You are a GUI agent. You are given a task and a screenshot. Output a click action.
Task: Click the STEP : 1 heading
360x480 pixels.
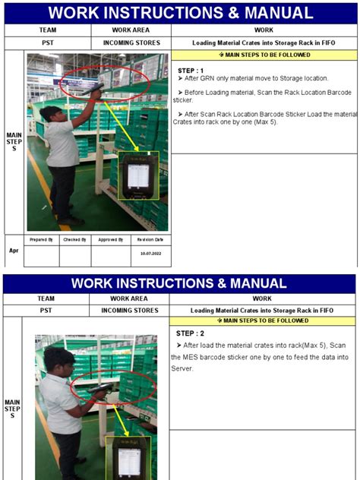(191, 71)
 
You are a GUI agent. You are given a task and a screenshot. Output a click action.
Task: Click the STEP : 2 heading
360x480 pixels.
(190, 333)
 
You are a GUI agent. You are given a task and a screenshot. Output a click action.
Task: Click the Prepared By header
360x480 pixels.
(41, 239)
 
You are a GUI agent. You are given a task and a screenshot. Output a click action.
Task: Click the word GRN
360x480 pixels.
(208, 79)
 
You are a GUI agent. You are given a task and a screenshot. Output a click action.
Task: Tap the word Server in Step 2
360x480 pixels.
(183, 368)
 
